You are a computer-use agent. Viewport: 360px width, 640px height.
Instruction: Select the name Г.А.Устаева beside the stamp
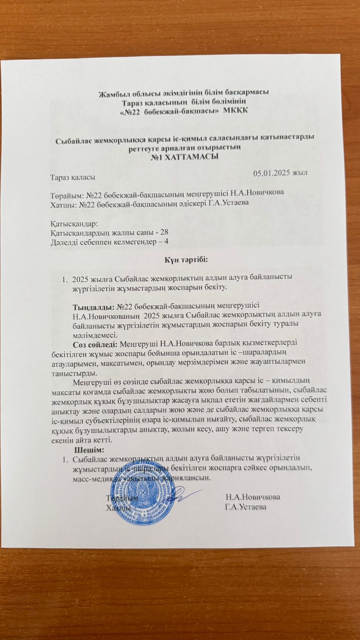pyautogui.click(x=246, y=507)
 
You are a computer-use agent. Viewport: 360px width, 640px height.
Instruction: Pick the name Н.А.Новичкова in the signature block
pyautogui.click(x=252, y=497)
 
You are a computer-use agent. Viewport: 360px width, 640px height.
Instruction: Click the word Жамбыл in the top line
pyautogui.click(x=113, y=93)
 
